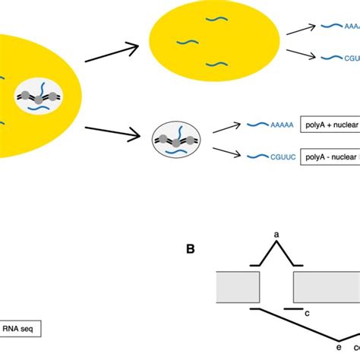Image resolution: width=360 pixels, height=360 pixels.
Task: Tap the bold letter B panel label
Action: (x=192, y=248)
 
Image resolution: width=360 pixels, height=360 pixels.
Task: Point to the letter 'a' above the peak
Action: (x=276, y=235)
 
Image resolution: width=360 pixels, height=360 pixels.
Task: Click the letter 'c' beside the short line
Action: (x=306, y=312)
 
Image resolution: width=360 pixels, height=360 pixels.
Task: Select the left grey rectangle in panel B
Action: (x=238, y=286)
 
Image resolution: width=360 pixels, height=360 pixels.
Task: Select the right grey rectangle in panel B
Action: (x=327, y=286)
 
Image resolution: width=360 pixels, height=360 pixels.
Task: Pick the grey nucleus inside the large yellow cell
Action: (x=39, y=97)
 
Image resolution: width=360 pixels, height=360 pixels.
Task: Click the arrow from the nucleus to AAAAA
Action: (x=226, y=128)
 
